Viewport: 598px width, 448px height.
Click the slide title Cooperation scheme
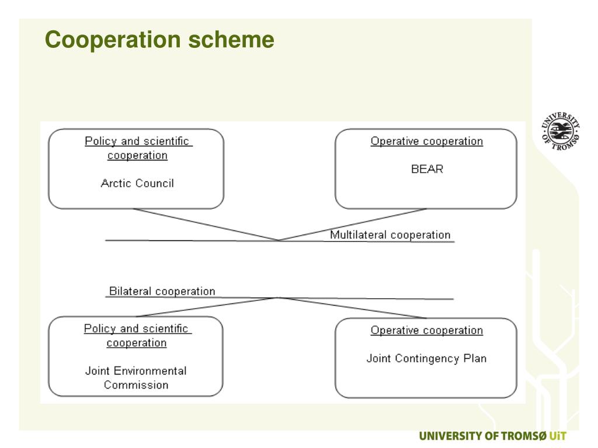(x=160, y=40)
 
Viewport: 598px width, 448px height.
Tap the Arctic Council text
(x=137, y=183)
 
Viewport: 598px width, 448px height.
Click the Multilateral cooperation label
(x=390, y=235)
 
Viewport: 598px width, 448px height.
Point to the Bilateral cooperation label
(x=162, y=291)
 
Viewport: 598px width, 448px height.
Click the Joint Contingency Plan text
(x=426, y=359)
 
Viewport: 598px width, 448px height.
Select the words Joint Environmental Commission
(x=136, y=378)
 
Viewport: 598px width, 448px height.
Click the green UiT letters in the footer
(x=558, y=436)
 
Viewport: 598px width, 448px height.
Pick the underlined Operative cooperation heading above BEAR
(x=427, y=141)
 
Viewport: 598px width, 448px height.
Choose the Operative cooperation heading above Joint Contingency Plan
(x=427, y=331)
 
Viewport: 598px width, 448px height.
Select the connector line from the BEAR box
(x=353, y=224)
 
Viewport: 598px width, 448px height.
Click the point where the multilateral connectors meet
(x=279, y=240)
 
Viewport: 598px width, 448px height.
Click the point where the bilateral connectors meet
(x=279, y=297)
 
